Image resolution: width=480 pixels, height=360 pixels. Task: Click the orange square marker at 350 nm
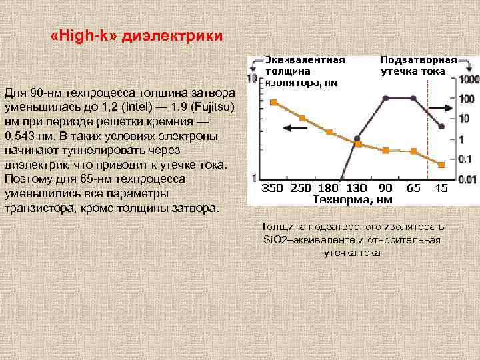(273, 102)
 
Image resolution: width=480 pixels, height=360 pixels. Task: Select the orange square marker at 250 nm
(302, 118)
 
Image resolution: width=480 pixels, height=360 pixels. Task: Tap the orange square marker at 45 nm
(441, 164)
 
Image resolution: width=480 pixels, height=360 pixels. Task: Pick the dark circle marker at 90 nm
(386, 98)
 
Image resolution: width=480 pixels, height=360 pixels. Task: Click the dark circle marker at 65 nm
(413, 98)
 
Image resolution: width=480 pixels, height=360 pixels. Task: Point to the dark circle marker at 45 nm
(441, 126)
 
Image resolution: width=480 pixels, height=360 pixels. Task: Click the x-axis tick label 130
(357, 188)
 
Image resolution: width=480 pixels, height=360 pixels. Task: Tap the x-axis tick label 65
(413, 188)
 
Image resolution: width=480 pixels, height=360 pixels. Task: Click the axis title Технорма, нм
(353, 199)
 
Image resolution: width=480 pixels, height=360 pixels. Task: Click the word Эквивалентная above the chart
(305, 59)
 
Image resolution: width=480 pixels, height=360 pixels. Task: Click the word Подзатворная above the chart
(419, 59)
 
